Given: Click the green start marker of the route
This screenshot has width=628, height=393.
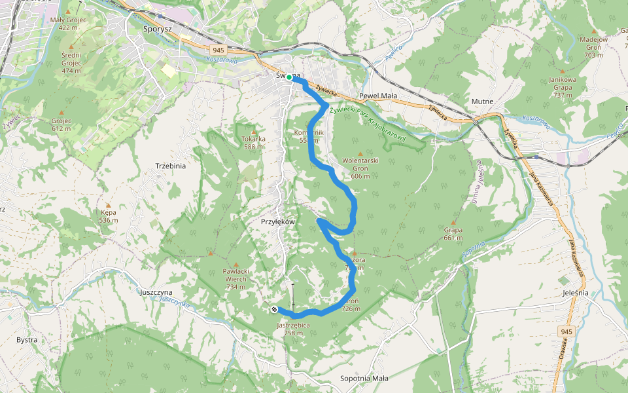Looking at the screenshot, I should (289, 77).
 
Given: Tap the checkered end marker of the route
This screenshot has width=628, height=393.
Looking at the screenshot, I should (273, 309).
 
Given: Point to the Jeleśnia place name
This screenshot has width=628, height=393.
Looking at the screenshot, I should (575, 293).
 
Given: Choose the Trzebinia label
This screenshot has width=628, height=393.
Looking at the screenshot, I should (171, 166).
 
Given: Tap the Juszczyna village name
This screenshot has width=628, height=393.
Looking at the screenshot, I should (156, 292).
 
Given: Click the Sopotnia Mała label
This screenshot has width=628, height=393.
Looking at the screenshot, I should (364, 379).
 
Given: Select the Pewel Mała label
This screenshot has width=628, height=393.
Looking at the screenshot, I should (378, 96).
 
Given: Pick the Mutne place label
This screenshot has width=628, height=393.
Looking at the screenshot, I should (482, 102).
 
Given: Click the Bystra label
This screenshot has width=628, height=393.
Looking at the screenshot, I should (27, 340).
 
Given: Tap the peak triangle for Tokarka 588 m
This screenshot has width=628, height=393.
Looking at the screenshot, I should (253, 130).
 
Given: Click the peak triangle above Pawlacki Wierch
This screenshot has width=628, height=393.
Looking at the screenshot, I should (235, 265).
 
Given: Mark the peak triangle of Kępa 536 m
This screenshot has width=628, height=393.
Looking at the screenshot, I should (109, 205).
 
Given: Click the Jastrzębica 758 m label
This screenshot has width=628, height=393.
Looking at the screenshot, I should (293, 329).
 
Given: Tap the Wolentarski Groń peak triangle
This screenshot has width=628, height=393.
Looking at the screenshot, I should (360, 154).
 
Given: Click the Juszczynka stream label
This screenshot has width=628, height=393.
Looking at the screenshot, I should (174, 303).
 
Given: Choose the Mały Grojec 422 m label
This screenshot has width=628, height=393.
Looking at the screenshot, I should (68, 24).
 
